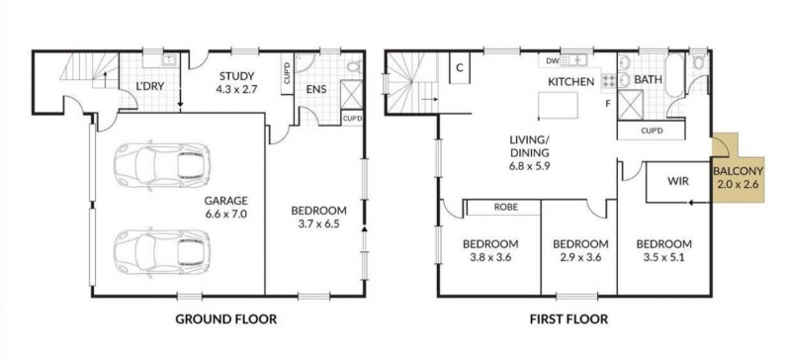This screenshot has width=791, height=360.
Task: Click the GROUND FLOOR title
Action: coord(226,319)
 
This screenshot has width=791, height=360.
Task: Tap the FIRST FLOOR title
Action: coord(569,319)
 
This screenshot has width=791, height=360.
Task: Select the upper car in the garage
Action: coord(162,166)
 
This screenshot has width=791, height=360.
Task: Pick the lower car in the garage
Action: coord(162,252)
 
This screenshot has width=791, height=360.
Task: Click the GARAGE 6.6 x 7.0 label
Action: coord(226,207)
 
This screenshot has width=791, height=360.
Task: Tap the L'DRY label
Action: coord(150,86)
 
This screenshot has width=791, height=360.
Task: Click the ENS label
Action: coord(316,90)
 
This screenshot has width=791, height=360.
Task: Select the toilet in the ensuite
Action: coord(354,66)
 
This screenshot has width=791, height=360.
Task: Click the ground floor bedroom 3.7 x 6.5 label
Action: coord(318,217)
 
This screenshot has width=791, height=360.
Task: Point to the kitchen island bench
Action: coord(558,105)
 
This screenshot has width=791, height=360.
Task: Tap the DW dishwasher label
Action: coord(552,61)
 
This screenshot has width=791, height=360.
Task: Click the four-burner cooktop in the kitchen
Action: coord(608,81)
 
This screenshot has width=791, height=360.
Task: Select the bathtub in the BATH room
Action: coord(675,76)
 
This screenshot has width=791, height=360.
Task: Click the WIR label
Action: coord(678,181)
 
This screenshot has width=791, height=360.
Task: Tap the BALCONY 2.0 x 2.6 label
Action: coord(738,177)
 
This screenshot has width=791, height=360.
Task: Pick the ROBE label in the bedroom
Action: coord(506,207)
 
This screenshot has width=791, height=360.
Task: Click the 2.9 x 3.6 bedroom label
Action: coord(580,250)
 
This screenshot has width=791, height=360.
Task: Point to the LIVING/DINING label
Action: coord(528,151)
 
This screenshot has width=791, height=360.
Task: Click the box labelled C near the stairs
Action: coord(460,68)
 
